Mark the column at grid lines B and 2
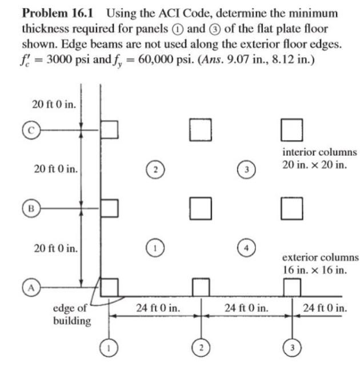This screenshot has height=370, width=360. coord(200,208)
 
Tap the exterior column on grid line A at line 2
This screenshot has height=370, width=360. coord(200,287)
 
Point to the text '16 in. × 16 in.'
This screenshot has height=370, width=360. coord(314,270)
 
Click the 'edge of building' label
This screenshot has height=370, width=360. coord(71,315)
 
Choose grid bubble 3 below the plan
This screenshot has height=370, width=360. coord(293,347)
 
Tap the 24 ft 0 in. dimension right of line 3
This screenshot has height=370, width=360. coord(326,308)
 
